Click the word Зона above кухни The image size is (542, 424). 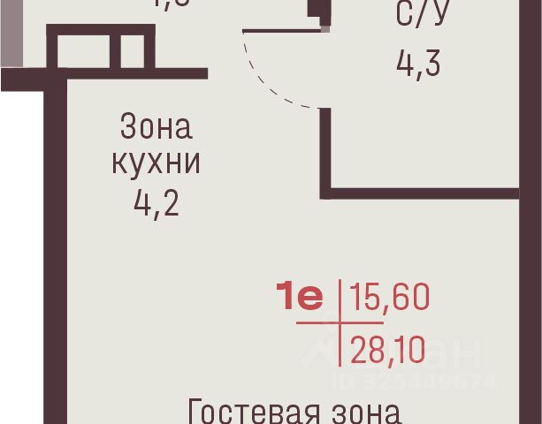tap(155, 129)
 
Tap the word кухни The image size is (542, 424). tap(155, 164)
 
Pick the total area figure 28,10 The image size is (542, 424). tap(387, 351)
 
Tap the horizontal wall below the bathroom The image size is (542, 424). tap(424, 190)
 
